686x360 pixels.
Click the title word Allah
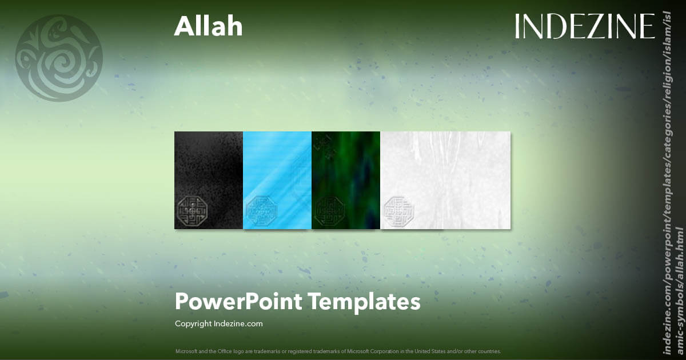tap(208, 26)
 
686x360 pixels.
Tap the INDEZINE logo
tap(584, 26)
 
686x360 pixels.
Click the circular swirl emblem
tap(58, 58)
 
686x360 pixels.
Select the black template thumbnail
tap(209, 171)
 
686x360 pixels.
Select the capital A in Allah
tap(183, 26)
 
